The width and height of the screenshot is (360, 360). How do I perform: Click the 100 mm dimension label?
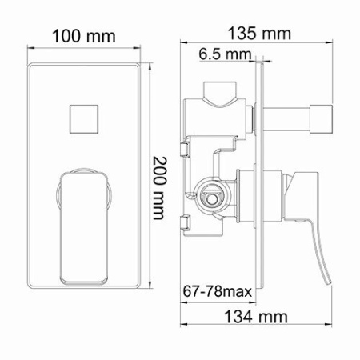83,36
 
